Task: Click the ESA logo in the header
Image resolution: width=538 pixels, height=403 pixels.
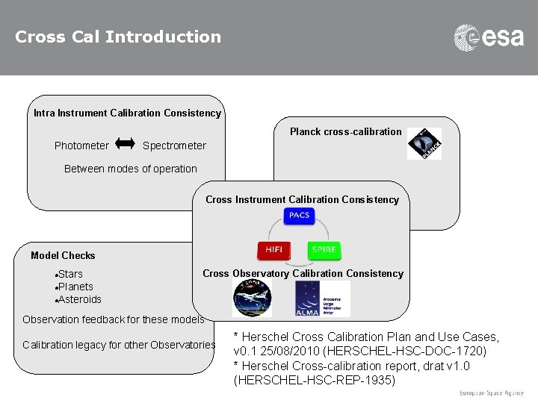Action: coord(489,37)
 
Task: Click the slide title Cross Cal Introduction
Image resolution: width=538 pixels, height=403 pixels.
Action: coord(118,37)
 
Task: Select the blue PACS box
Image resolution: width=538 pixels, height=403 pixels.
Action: coord(299,216)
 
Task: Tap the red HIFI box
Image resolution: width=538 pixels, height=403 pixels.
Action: coord(273,249)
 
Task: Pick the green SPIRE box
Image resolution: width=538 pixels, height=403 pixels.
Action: coord(324,249)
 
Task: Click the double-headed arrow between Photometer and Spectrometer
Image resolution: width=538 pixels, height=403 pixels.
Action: coord(126,143)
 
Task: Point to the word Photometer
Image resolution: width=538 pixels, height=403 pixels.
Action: coord(81,146)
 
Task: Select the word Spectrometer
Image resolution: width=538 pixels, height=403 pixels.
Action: coord(174,146)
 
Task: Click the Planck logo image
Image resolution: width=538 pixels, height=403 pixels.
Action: coord(424,143)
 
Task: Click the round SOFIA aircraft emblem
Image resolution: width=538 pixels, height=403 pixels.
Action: coord(252,299)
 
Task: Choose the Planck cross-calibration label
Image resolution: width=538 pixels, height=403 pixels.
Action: coord(345,131)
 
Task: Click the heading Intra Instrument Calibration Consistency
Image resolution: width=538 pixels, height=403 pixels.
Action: coord(127,113)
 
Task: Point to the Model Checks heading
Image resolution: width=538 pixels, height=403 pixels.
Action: coord(63,255)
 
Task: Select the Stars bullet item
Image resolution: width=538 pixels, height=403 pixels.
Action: coord(70,274)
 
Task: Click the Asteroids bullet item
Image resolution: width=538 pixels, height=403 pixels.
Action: coord(79,299)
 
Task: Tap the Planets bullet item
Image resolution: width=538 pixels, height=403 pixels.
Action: coord(75,287)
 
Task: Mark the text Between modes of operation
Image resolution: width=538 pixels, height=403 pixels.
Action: coord(131,169)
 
